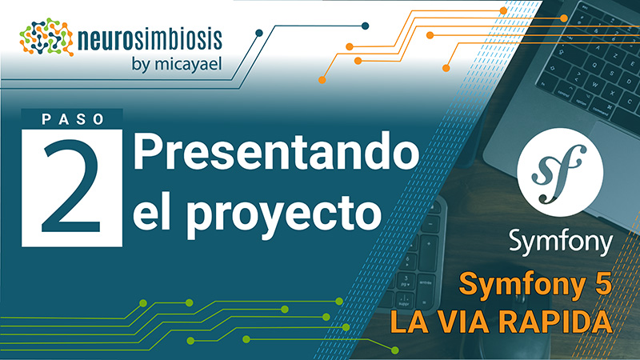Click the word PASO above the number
tap(73, 119)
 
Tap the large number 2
tap(71, 186)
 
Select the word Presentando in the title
tap(276, 153)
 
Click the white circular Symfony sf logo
tap(559, 172)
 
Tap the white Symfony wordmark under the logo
tap(561, 243)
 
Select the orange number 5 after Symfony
tap(604, 284)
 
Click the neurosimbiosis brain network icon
tap(46, 37)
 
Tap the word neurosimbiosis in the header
tap(150, 39)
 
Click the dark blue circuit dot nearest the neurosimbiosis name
tap(258, 33)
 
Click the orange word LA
tap(409, 322)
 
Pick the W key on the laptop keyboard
tap(595, 85)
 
